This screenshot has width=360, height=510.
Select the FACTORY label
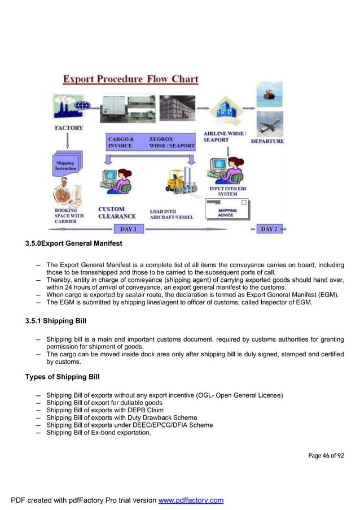point(68,128)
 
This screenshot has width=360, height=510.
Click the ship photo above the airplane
point(269,95)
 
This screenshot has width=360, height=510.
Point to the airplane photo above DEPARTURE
point(269,124)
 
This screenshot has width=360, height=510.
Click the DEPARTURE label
point(267,141)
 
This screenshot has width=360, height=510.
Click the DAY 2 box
point(269,229)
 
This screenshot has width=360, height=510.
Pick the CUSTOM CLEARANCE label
point(117,212)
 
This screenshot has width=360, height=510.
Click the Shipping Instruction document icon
point(67,164)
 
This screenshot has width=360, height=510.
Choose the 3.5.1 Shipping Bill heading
point(56,321)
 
